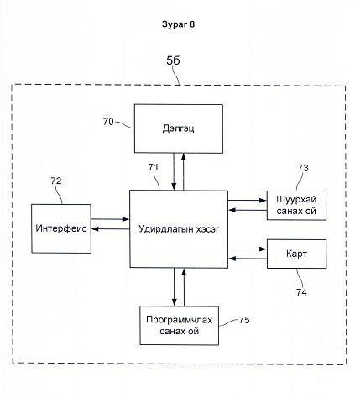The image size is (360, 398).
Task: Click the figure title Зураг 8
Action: click(178, 24)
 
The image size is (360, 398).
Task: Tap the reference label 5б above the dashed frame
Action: click(173, 60)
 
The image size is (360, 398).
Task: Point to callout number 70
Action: click(108, 122)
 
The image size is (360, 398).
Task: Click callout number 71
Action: click(154, 167)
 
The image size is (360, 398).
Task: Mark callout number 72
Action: click(56, 181)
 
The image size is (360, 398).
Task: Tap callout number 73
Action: click(303, 168)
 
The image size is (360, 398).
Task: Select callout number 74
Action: click(301, 292)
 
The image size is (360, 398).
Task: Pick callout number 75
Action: click(244, 320)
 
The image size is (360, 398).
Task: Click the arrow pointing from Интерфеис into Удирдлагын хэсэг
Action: click(110, 219)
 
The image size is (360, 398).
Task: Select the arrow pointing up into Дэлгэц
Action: click(184, 172)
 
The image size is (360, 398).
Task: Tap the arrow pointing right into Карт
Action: click(248, 249)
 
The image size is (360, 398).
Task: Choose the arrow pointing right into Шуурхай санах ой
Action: click(248, 201)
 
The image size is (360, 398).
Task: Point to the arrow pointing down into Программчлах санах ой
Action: click(174, 287)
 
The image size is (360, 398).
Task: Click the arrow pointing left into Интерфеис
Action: click(111, 229)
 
